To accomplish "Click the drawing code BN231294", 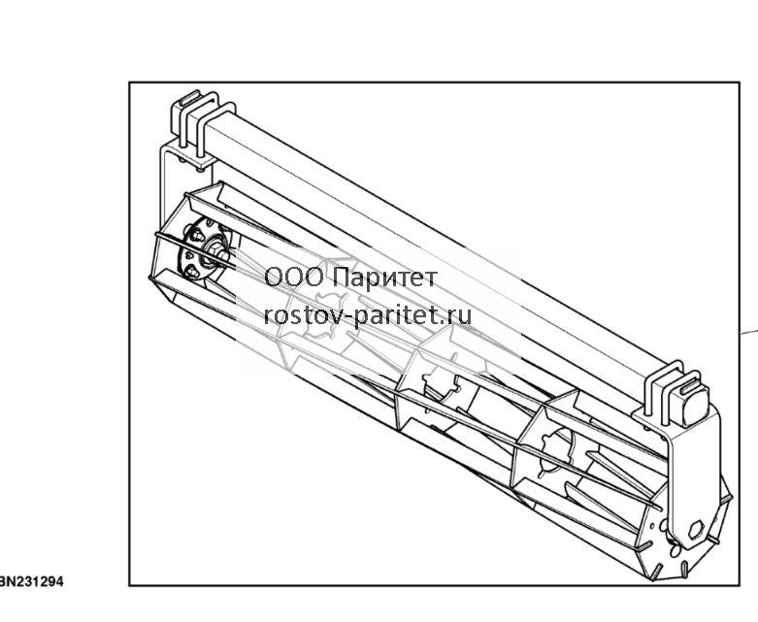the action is click(x=31, y=581).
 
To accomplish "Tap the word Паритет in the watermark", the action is click(x=385, y=278).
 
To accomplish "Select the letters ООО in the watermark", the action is click(x=294, y=278).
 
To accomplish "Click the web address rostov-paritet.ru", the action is click(x=368, y=315).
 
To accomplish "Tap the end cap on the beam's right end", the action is click(x=690, y=405).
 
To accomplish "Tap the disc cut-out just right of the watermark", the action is click(x=441, y=388).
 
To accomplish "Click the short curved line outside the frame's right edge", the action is click(x=750, y=332).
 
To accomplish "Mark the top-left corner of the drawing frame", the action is click(x=129, y=82).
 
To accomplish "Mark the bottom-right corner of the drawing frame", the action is click(x=740, y=586).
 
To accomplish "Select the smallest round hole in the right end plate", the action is click(x=653, y=526).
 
